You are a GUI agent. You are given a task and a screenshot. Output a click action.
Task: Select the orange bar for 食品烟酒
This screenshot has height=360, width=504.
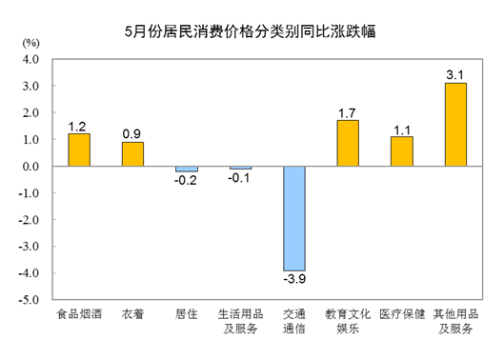[x=78, y=150]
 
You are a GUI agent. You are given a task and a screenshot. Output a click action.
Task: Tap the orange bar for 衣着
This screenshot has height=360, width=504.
[x=132, y=154]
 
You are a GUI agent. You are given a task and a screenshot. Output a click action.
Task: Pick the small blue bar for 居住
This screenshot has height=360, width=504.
[x=187, y=169]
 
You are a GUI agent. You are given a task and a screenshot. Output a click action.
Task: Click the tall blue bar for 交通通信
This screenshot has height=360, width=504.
[x=294, y=218]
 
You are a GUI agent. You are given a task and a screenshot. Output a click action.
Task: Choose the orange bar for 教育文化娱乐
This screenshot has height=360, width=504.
[x=349, y=143]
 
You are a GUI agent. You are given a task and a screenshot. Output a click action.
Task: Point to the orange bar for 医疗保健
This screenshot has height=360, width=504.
[x=402, y=151]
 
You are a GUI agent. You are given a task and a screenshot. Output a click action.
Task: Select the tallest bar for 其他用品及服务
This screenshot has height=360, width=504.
[x=456, y=124]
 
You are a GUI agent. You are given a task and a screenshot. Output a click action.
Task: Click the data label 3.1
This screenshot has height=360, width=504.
[x=456, y=73]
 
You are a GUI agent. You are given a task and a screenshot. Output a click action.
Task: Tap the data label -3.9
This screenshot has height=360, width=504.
[x=294, y=280]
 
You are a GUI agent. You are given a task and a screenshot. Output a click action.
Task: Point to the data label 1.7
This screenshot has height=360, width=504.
[x=349, y=111]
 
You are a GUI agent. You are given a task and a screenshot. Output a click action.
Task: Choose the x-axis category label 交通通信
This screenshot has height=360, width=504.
[x=294, y=321]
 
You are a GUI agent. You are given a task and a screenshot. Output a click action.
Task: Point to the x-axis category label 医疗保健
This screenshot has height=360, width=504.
[x=402, y=314]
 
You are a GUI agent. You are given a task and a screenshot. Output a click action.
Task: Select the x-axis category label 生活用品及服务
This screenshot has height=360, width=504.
[x=240, y=321]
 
